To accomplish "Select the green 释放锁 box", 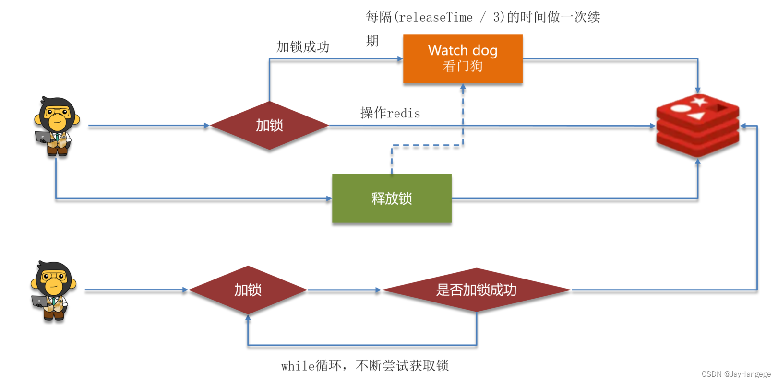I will pyautogui.click(x=392, y=198).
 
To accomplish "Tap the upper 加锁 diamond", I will pyautogui.click(x=269, y=126).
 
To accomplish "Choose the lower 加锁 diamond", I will pyautogui.click(x=248, y=290).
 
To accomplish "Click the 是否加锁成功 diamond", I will pyautogui.click(x=476, y=290).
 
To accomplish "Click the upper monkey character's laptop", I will pyautogui.click(x=43, y=137).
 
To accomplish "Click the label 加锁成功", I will pyautogui.click(x=303, y=47).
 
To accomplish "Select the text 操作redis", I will pyautogui.click(x=390, y=113).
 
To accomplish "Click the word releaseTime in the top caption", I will pyautogui.click(x=435, y=18).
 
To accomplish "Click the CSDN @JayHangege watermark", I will pyautogui.click(x=736, y=374).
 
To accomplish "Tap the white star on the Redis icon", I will pyautogui.click(x=698, y=101).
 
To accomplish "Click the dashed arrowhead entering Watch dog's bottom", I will pyautogui.click(x=463, y=87).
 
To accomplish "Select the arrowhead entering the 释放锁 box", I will pyautogui.click(x=329, y=198).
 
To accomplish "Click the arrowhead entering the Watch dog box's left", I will pyautogui.click(x=400, y=59).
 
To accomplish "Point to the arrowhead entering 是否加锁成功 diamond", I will pyautogui.click(x=378, y=290).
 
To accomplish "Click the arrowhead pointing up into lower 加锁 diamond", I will pyautogui.click(x=248, y=318).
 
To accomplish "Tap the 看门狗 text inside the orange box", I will pyautogui.click(x=463, y=66).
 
